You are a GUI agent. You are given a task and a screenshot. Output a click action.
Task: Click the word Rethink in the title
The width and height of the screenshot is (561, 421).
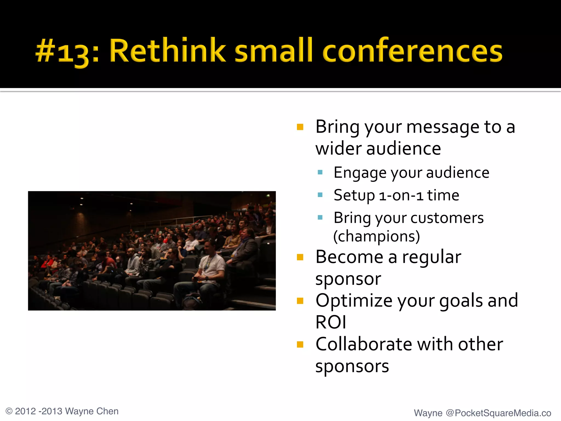coord(167,51)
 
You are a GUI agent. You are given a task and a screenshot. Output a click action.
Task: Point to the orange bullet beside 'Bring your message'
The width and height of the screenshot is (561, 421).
coord(300,127)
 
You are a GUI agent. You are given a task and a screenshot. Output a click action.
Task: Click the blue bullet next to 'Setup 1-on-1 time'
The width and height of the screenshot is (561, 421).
coord(320,195)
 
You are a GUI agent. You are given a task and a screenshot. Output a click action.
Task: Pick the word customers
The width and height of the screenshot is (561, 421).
coord(447,218)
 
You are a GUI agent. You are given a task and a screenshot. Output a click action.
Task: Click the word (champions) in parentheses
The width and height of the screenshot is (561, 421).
coord(376,236)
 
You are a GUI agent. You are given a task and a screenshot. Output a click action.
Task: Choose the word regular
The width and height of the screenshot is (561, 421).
coord(431,258)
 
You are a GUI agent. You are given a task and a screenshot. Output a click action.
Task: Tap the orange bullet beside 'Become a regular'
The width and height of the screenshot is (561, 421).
coord(300,257)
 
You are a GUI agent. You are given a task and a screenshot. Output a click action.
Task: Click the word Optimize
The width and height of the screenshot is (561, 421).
coord(354,301)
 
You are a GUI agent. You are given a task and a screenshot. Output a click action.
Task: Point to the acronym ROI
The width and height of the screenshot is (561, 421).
coord(331,322)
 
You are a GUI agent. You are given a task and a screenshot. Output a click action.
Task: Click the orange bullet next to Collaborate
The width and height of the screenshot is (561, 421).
coord(300,344)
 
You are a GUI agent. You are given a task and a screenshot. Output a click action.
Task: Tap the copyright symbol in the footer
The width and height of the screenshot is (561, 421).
coord(9,411)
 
